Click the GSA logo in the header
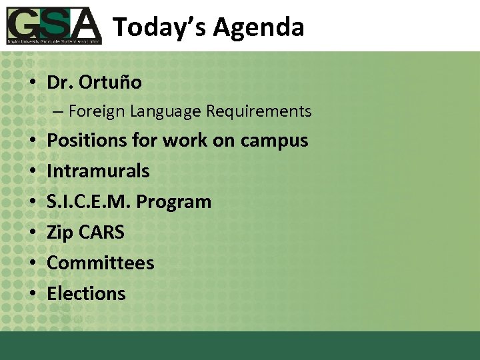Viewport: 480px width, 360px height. tap(54, 25)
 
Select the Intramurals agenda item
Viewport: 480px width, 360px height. tap(98, 171)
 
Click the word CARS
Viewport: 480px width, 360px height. tap(101, 233)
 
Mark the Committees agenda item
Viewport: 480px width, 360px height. tap(100, 263)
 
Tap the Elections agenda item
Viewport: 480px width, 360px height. tap(86, 294)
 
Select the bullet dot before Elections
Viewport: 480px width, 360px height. tap(32, 295)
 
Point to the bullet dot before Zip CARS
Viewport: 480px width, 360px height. tap(32, 233)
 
